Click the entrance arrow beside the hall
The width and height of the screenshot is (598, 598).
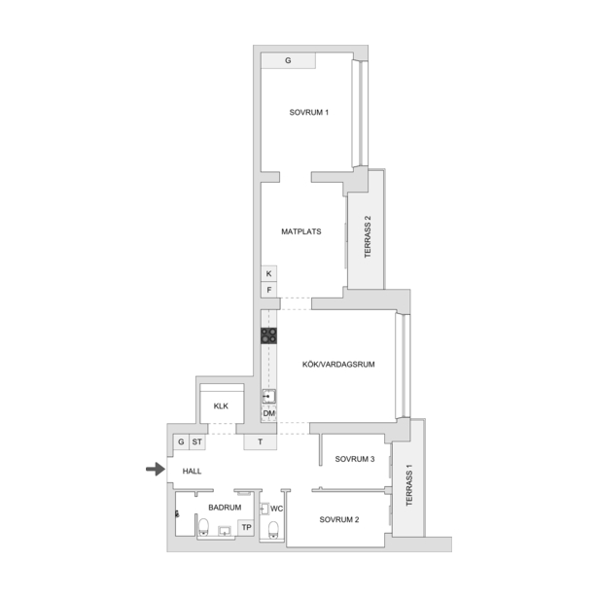tap(156, 469)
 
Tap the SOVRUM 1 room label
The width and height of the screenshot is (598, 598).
tap(309, 113)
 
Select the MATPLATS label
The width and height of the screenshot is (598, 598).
tap(301, 231)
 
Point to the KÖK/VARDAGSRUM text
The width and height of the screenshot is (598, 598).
tap(338, 365)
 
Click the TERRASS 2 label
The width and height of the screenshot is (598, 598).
tap(368, 237)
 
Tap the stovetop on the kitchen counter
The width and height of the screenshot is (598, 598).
tap(269, 335)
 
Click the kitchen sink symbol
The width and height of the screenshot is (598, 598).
tap(269, 397)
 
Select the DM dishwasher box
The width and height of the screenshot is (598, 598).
tap(269, 413)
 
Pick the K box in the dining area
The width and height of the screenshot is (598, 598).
tap(269, 273)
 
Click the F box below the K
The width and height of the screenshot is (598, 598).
tap(269, 290)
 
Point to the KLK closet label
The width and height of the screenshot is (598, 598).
tap(221, 406)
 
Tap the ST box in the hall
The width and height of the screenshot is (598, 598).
tap(197, 442)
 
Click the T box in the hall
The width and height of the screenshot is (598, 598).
tap(260, 442)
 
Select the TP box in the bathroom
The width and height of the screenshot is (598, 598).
tap(246, 527)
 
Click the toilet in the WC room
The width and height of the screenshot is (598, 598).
tap(273, 530)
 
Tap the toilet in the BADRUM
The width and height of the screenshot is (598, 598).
tap(203, 527)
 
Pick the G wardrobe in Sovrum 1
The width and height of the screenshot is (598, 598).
tap(288, 60)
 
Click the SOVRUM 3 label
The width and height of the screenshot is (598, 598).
tap(355, 459)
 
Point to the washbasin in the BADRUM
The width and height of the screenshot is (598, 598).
tap(225, 531)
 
